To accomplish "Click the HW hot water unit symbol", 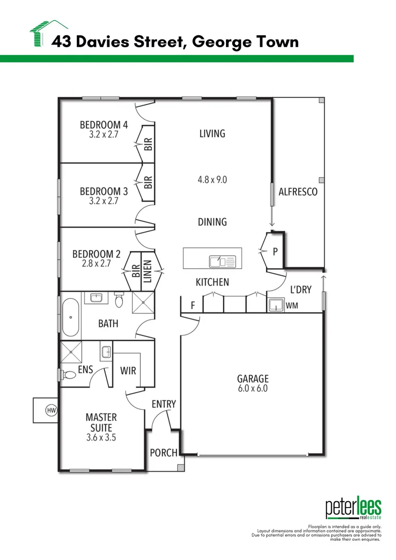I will [x=51, y=411].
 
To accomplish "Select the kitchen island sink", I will [x=222, y=261].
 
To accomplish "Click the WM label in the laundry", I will [x=291, y=306].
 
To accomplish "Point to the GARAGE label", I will [x=253, y=379].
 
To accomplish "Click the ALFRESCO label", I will [x=298, y=192].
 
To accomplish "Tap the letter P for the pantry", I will [x=275, y=251].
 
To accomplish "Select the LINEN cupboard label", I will [x=148, y=271].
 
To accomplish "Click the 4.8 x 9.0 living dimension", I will [x=213, y=180].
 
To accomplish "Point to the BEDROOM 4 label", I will [x=104, y=124].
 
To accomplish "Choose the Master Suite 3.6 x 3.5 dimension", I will [x=101, y=437].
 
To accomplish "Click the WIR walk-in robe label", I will [x=128, y=371].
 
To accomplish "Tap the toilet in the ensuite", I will [x=67, y=374].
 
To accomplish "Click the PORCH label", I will [x=163, y=453].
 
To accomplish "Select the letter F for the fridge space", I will [x=192, y=306].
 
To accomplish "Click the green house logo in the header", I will [x=48, y=33].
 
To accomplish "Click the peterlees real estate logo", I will [x=353, y=509].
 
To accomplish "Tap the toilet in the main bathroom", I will [x=119, y=301].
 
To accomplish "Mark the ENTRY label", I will [x=164, y=404].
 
